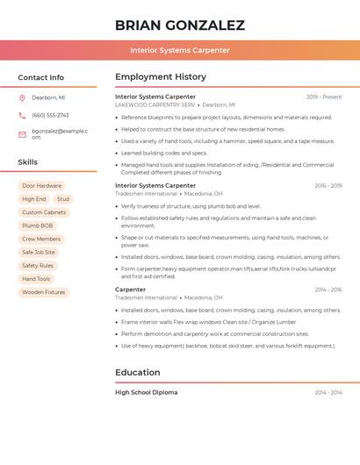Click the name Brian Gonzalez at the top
tap(180, 25)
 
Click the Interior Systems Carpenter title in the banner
tap(180, 50)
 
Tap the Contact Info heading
tap(41, 77)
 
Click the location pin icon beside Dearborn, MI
tap(22, 97)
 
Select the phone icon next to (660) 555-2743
tap(22, 115)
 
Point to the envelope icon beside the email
tap(22, 134)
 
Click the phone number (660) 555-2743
tap(50, 115)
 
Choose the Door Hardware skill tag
tap(41, 186)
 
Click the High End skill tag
tap(34, 199)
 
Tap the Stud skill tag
tap(63, 199)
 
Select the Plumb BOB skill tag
tap(38, 225)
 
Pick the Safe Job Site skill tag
tap(39, 252)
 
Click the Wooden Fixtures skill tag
tap(44, 292)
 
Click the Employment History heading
tap(161, 77)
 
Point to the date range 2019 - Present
tap(324, 97)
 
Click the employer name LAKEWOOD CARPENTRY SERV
tap(155, 104)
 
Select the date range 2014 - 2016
tap(328, 290)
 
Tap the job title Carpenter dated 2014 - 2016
tap(131, 290)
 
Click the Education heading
tap(137, 372)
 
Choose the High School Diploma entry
tap(146, 392)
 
